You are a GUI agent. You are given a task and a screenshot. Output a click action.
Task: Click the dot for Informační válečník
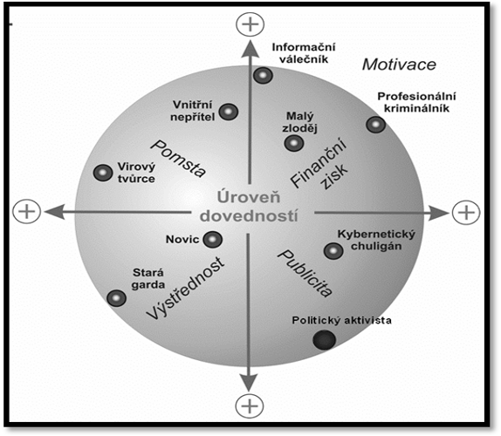263,76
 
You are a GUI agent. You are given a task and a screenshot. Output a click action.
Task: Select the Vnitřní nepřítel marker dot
229,112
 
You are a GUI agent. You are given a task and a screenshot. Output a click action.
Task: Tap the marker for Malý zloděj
293,143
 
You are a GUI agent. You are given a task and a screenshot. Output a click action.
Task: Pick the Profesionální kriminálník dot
375,125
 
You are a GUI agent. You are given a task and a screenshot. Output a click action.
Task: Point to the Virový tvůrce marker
103,173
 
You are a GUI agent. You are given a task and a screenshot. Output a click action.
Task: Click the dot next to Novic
212,240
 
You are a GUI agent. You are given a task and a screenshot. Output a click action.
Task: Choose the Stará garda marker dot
117,298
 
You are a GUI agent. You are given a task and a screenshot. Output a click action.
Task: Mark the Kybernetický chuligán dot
333,251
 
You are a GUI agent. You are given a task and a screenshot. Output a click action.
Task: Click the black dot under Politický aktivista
325,339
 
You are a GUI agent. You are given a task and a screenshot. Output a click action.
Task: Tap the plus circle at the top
250,24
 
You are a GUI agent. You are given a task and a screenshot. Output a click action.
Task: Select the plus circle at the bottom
250,406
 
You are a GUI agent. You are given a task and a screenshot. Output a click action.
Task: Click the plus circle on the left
27,211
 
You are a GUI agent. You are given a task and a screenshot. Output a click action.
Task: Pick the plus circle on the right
466,212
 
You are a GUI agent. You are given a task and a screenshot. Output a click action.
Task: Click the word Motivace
399,65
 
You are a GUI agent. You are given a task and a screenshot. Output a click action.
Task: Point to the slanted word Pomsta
178,158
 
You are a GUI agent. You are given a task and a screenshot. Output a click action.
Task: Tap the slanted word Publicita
305,274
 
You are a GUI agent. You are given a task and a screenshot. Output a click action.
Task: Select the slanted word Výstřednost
185,288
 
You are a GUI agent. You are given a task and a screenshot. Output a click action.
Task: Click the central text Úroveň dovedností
249,207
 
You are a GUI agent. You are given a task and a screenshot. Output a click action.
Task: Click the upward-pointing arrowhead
250,50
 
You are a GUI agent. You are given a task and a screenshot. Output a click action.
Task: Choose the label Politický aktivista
341,320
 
